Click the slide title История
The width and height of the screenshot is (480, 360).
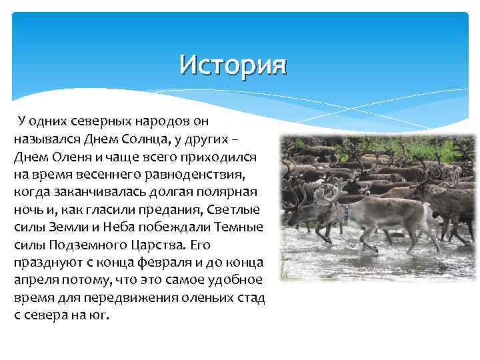[232, 65]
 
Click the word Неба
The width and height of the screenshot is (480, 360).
[103, 225]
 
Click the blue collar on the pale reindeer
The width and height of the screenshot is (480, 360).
[347, 213]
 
